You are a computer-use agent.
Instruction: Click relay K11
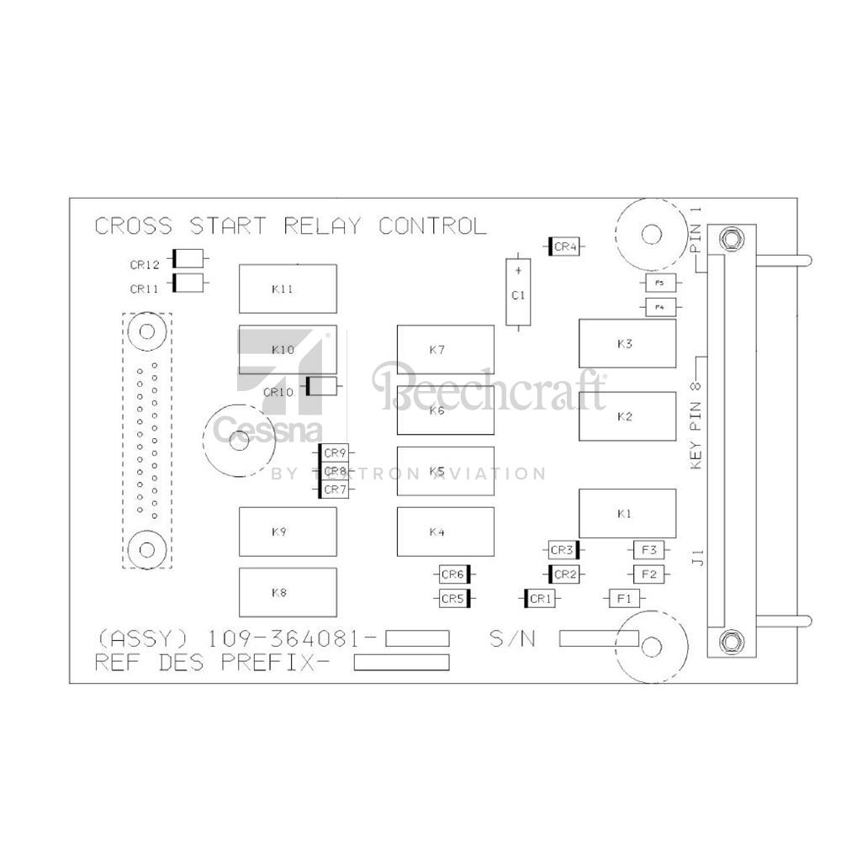(288, 288)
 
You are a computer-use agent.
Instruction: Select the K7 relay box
(446, 349)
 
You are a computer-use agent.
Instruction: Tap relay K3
(627, 343)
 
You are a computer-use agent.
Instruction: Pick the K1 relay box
(627, 513)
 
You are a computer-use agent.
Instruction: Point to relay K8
(288, 592)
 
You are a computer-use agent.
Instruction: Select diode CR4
(565, 246)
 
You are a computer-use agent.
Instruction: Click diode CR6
(453, 574)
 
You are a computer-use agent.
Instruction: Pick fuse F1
(623, 598)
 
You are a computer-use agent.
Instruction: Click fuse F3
(648, 550)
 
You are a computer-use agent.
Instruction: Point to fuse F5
(659, 283)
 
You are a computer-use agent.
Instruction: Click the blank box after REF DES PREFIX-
(401, 663)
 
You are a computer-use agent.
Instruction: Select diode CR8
(335, 472)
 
